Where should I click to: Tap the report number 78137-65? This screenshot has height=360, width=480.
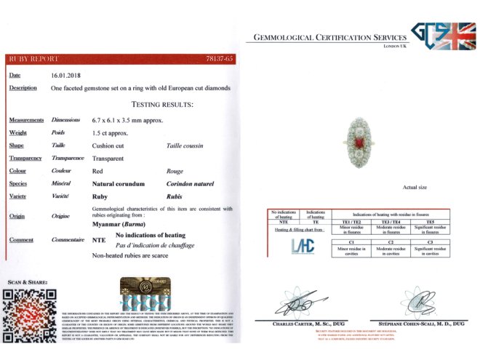(220, 57)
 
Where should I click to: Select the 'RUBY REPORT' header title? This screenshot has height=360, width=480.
(34, 58)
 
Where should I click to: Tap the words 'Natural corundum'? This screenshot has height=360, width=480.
(119, 184)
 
